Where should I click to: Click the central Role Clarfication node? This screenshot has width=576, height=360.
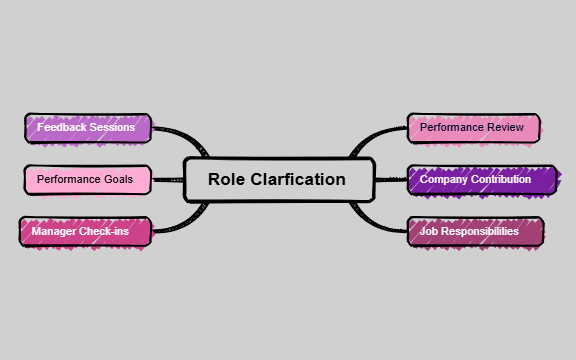click(x=278, y=180)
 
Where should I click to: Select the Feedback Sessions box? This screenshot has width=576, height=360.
click(x=87, y=128)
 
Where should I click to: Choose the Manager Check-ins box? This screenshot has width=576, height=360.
click(x=86, y=232)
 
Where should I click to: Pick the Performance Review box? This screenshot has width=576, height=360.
click(x=473, y=128)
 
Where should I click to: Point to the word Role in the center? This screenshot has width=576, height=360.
click(x=226, y=180)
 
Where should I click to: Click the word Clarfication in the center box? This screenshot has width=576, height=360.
click(x=298, y=180)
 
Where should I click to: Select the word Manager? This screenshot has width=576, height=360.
click(x=56, y=232)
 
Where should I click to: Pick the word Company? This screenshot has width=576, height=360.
click(x=444, y=180)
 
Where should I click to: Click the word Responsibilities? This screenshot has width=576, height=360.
click(x=487, y=232)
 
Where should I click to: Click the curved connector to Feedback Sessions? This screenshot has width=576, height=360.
click(x=180, y=134)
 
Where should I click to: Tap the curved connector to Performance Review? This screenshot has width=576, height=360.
click(x=375, y=136)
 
